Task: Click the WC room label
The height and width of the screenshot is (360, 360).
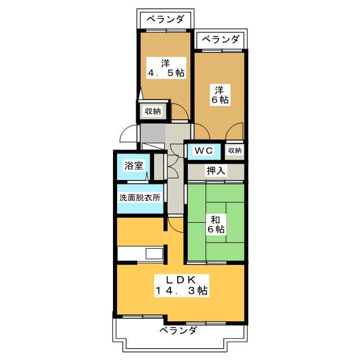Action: [x=204, y=150]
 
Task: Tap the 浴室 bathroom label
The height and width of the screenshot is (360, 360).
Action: [x=134, y=166]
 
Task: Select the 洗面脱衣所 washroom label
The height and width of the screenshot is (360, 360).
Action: [x=139, y=198]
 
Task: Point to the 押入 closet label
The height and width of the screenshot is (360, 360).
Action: [x=216, y=170]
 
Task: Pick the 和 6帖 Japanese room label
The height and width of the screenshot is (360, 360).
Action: [x=216, y=224]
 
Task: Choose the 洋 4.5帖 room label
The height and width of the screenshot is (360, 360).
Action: [x=165, y=67]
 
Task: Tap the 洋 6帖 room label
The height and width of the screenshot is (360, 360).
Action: [x=220, y=94]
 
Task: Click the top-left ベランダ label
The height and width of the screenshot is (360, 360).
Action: [x=165, y=19]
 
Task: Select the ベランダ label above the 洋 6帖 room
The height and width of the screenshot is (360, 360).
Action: [x=220, y=39]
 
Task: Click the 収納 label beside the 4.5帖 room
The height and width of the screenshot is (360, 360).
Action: [x=152, y=111]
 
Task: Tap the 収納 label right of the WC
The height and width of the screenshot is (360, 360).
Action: [x=235, y=150]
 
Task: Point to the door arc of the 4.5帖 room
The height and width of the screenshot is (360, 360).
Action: [x=180, y=112]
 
